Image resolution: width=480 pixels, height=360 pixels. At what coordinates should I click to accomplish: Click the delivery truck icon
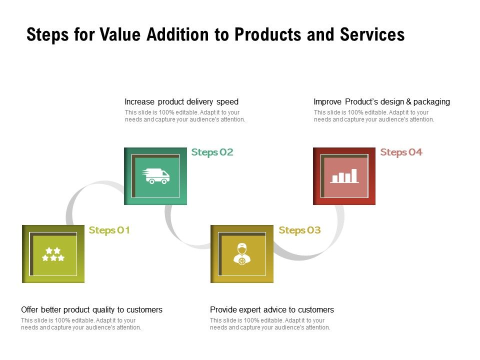[156, 176]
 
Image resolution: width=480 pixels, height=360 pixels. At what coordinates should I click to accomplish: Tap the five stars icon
[53, 254]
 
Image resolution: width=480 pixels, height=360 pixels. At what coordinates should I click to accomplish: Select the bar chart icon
[344, 175]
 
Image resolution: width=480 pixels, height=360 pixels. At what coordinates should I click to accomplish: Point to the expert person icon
[242, 253]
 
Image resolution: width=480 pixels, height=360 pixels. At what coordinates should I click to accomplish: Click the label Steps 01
[109, 230]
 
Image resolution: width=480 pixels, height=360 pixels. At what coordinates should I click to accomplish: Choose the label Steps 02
[212, 152]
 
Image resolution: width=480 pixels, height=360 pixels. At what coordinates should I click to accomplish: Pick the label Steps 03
[299, 230]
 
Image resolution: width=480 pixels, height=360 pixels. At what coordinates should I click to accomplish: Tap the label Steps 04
[401, 152]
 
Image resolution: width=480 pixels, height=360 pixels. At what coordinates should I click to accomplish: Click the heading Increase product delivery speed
[181, 102]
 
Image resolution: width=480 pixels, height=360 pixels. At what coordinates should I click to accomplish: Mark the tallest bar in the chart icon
[354, 175]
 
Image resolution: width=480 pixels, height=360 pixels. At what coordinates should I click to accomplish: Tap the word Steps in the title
[46, 34]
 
